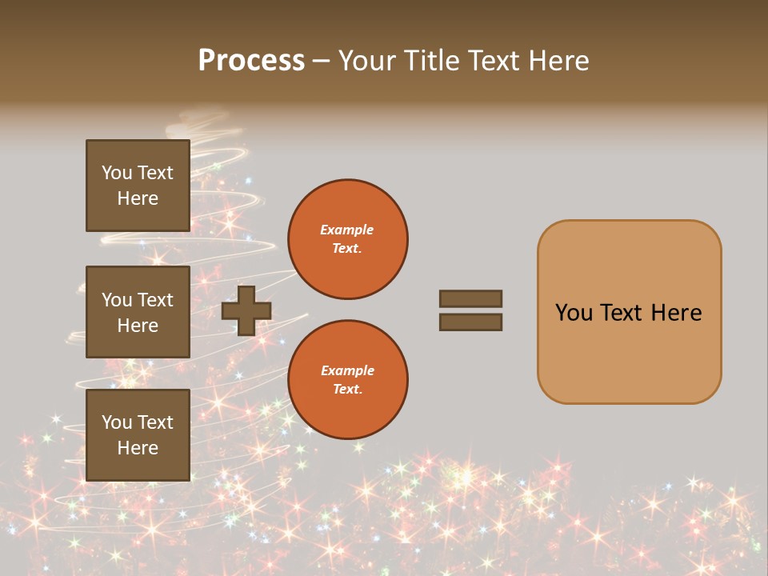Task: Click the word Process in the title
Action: pos(251,61)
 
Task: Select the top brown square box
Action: pos(138,186)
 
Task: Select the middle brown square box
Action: pos(138,312)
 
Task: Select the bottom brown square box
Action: pos(138,435)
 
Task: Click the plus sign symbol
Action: pos(246,310)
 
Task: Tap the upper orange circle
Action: pos(348,239)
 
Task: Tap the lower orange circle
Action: pos(348,380)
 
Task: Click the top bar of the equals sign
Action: pos(470,298)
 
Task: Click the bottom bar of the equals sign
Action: pos(470,322)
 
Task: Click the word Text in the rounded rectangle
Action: pos(623,313)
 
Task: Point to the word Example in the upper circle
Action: pos(347,230)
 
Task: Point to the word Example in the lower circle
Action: pos(347,370)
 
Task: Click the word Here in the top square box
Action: pos(138,198)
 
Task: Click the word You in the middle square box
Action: pos(116,300)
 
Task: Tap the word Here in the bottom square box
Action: pos(138,448)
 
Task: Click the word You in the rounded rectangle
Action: pos(574,313)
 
